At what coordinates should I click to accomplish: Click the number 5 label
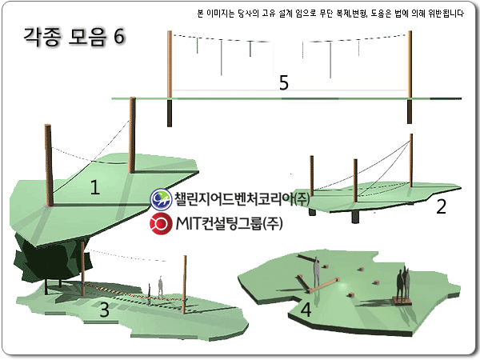[284, 82]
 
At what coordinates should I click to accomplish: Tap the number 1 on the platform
[95, 187]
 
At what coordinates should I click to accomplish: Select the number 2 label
[441, 206]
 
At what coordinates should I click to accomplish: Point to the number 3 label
[104, 310]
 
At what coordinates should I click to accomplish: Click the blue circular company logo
[161, 199]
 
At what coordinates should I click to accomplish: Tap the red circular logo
[161, 224]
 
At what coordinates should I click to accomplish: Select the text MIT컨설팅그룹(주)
[229, 223]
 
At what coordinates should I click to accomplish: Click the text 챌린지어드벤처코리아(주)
[242, 198]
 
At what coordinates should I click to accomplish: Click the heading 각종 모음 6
[74, 37]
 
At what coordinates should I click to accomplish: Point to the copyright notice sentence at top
[330, 14]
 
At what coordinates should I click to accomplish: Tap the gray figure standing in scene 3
[161, 286]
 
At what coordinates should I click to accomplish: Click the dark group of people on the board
[403, 283]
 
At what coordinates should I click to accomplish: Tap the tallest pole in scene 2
[411, 161]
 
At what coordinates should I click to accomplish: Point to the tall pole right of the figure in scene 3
[185, 285]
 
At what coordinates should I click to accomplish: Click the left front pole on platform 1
[49, 166]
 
